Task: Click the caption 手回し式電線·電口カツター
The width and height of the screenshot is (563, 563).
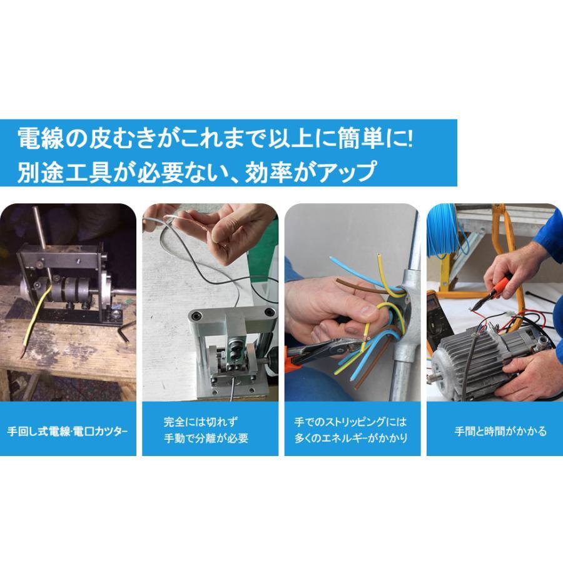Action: [68, 431]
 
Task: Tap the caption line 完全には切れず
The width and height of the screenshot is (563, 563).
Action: [201, 422]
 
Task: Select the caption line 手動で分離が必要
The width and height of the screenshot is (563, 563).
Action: [206, 438]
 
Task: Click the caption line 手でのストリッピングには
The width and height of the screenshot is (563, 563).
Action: [350, 422]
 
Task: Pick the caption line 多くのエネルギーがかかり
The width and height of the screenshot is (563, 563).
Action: [351, 438]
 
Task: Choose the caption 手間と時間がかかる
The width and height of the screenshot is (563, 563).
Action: [500, 431]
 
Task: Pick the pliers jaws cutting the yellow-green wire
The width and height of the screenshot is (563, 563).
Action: [350, 344]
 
